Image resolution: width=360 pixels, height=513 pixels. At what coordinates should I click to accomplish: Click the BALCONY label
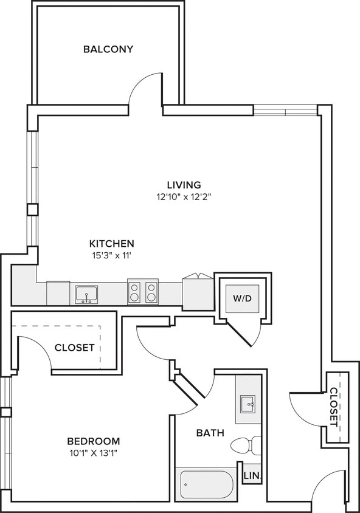coord(108,49)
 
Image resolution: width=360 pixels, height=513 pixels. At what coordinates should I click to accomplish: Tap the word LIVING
coord(184,185)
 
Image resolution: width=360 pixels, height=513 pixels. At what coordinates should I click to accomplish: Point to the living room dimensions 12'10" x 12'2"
coord(184,197)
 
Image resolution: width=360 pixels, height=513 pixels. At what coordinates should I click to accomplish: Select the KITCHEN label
coord(112,244)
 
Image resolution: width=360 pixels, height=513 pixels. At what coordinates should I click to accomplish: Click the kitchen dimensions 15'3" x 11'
coord(112,255)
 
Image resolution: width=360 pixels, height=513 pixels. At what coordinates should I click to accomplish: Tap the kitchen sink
coord(86,294)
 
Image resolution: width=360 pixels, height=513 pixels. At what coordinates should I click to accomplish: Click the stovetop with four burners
coord(143,292)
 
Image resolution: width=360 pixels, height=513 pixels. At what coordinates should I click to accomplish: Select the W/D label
coord(243,298)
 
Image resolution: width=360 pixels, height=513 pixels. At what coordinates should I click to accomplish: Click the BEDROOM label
coord(94,441)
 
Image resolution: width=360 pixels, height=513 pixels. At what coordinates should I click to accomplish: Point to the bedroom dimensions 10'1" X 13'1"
coord(94,453)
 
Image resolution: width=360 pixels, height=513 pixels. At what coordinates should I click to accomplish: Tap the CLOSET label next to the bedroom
coord(75,348)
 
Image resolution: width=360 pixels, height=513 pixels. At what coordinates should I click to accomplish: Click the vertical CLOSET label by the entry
coord(334,407)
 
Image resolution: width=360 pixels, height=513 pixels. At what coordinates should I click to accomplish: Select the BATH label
coord(210,433)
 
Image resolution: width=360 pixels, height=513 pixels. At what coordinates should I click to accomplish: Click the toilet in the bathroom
coord(246,446)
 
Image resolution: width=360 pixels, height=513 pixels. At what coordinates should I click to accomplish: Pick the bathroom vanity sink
coord(247,404)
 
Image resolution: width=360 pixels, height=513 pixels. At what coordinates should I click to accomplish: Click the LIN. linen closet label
coord(252,476)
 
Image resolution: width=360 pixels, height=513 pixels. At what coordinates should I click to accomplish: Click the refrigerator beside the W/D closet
coord(198,293)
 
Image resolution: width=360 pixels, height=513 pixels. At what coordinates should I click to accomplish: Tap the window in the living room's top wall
coord(286,110)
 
